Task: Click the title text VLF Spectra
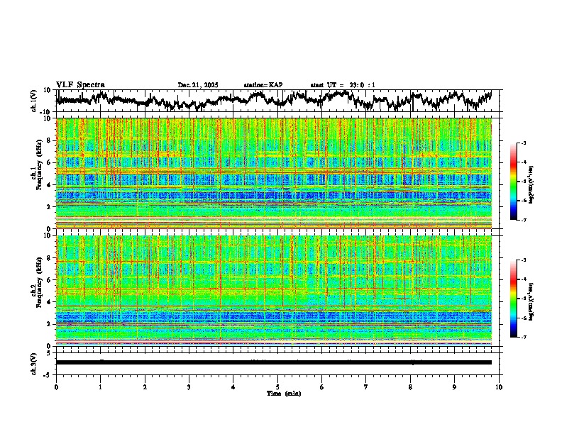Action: click(80, 85)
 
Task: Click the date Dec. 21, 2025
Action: click(198, 85)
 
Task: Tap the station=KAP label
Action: click(263, 85)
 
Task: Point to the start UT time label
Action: click(343, 85)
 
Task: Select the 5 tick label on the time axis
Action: click(278, 386)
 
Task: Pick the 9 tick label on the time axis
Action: click(455, 386)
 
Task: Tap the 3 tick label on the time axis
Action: click(189, 386)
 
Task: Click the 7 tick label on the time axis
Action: click(366, 386)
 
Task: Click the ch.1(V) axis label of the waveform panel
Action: click(34, 101)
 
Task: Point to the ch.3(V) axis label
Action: click(34, 362)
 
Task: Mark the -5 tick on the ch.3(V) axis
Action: click(47, 374)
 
